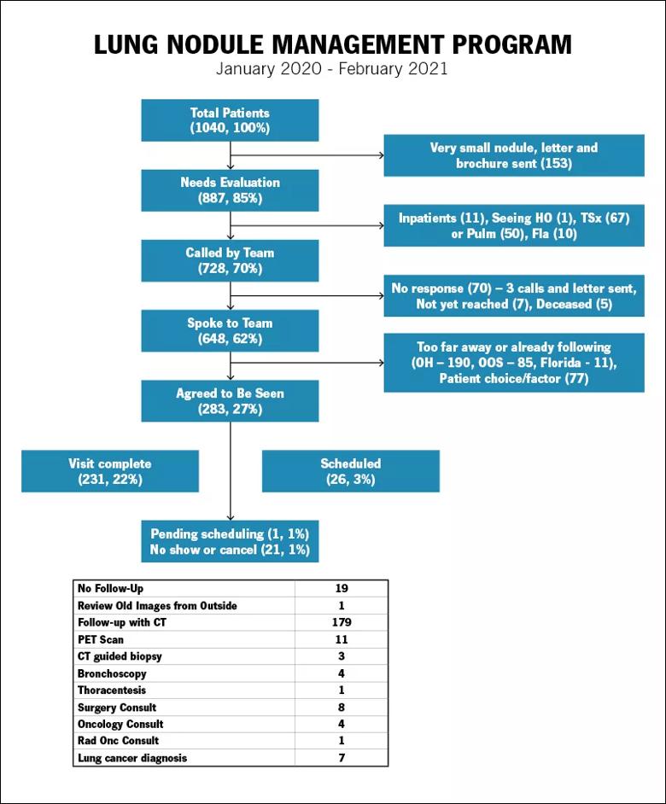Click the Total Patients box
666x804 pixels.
(230, 120)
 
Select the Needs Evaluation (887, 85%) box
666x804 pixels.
(230, 190)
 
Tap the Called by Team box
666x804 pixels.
(230, 260)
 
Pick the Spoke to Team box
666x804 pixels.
(230, 330)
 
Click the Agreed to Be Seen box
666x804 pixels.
(230, 401)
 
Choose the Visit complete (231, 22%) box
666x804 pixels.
(110, 471)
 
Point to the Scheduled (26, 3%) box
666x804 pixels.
(350, 471)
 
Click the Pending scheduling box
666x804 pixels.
(230, 541)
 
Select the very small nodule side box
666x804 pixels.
(514, 155)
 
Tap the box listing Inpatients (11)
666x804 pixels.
(514, 225)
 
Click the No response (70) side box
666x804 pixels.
(514, 296)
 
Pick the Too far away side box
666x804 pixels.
(514, 363)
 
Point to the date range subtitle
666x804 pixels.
(332, 69)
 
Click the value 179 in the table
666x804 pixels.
(342, 622)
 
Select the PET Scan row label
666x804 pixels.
(101, 639)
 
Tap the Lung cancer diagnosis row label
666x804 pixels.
(132, 758)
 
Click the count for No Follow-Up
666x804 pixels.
(342, 588)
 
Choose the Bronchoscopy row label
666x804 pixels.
(112, 673)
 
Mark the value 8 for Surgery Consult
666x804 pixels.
(342, 707)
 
